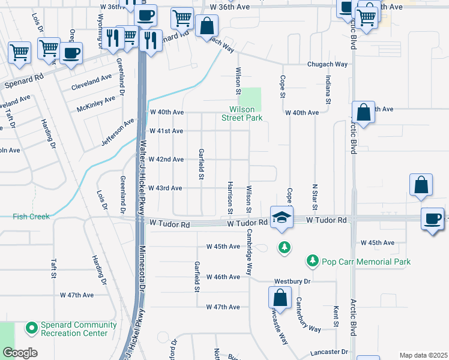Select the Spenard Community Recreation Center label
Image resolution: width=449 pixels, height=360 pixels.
click(74, 329)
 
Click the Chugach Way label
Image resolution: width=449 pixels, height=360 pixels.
click(327, 64)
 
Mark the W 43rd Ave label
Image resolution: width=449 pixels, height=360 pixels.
click(166, 188)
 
